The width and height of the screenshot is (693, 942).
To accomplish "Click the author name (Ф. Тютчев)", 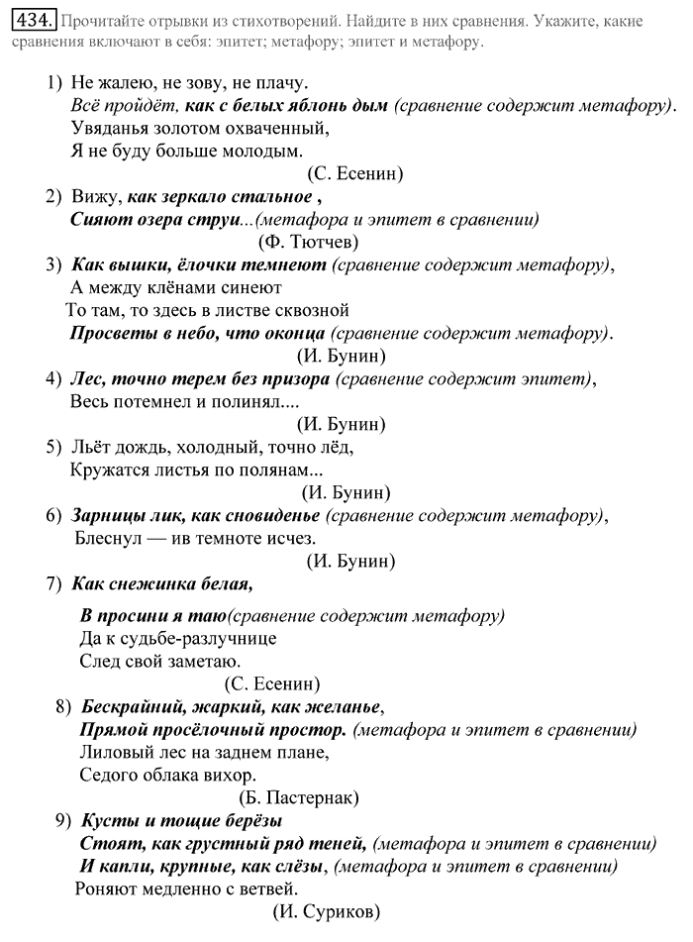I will pyautogui.click(x=307, y=240).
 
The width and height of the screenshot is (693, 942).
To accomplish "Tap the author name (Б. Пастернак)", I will pyautogui.click(x=298, y=796).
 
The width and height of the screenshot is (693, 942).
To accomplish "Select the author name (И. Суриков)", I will pyautogui.click(x=326, y=912).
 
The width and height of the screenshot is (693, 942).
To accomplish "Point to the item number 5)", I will pyautogui.click(x=54, y=447).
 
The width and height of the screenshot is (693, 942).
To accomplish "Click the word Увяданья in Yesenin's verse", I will pyautogui.click(x=113, y=128).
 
